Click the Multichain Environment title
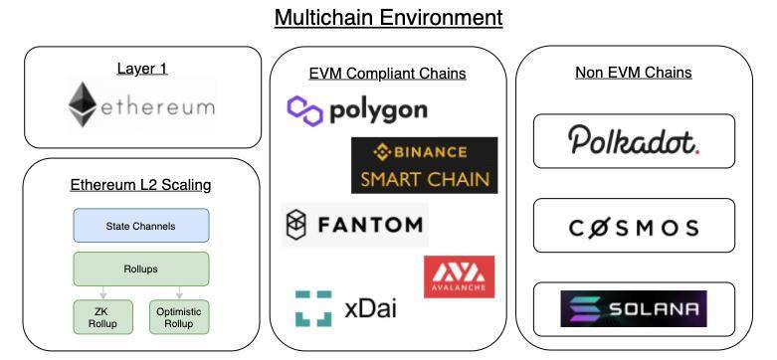coord(388,17)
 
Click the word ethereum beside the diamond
coord(157,106)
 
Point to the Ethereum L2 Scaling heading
coord(140,184)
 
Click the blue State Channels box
coord(140,226)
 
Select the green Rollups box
coord(140,269)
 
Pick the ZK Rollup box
coord(100,316)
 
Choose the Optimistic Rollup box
coord(180,316)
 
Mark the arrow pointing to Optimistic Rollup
coord(180,292)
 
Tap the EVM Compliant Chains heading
coord(387,73)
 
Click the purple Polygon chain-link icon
coord(304,109)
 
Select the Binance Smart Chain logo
coord(424,165)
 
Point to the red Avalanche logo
coord(459,276)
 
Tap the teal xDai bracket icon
coord(313,308)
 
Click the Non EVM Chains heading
coord(633,72)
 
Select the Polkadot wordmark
coord(634,141)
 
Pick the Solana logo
coord(634,308)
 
